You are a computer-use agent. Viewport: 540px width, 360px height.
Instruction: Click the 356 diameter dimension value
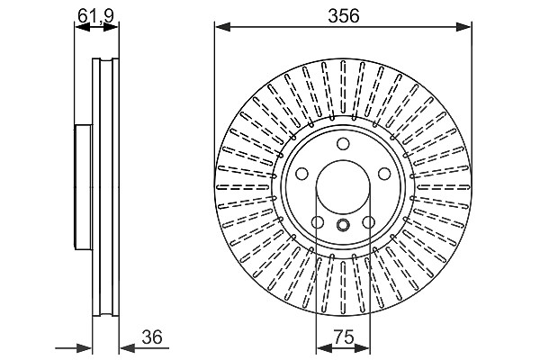(344, 16)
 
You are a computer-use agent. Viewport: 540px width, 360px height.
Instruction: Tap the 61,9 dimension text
(95, 15)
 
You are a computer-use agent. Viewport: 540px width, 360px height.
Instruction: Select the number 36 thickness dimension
(152, 337)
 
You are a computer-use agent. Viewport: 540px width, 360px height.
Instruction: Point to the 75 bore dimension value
(344, 337)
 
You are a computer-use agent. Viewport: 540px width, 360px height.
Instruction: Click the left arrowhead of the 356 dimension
(222, 26)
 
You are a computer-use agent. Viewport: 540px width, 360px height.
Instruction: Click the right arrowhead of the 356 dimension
(463, 26)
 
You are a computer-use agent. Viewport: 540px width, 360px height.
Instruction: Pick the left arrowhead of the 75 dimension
(324, 348)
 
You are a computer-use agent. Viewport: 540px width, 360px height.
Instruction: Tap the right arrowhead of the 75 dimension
(362, 348)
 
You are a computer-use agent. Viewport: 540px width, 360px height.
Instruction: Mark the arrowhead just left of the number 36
(127, 348)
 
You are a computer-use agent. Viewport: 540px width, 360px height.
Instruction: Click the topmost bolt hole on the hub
(343, 144)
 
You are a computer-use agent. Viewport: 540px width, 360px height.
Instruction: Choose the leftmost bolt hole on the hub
(302, 174)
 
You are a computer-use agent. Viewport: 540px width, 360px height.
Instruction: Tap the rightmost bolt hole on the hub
(384, 174)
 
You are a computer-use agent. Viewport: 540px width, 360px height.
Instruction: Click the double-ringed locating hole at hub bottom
(343, 225)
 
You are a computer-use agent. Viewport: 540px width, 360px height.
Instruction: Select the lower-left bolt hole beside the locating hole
(318, 222)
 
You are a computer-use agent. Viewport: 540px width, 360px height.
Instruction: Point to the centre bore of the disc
(343, 186)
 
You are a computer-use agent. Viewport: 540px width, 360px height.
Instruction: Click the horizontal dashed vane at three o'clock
(444, 187)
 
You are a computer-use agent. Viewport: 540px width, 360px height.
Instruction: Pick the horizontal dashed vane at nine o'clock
(243, 187)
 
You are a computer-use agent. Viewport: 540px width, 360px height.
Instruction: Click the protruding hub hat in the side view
(84, 187)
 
